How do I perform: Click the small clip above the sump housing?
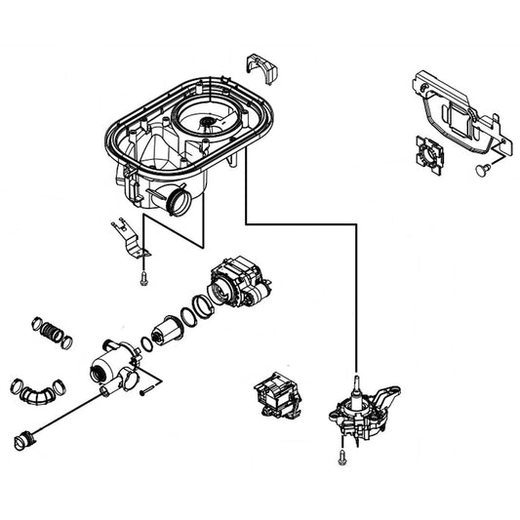(x=262, y=67)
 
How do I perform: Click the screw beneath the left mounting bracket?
(x=142, y=278)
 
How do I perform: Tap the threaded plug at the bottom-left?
(x=26, y=439)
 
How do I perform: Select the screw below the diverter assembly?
(x=343, y=455)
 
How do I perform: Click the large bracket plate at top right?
(x=456, y=113)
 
